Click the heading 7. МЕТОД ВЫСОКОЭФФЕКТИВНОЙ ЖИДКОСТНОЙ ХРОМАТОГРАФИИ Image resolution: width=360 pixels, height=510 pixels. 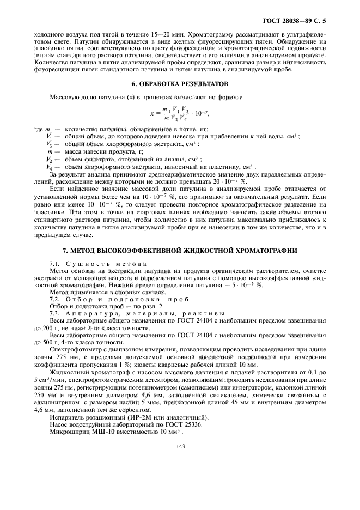[180, 250]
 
